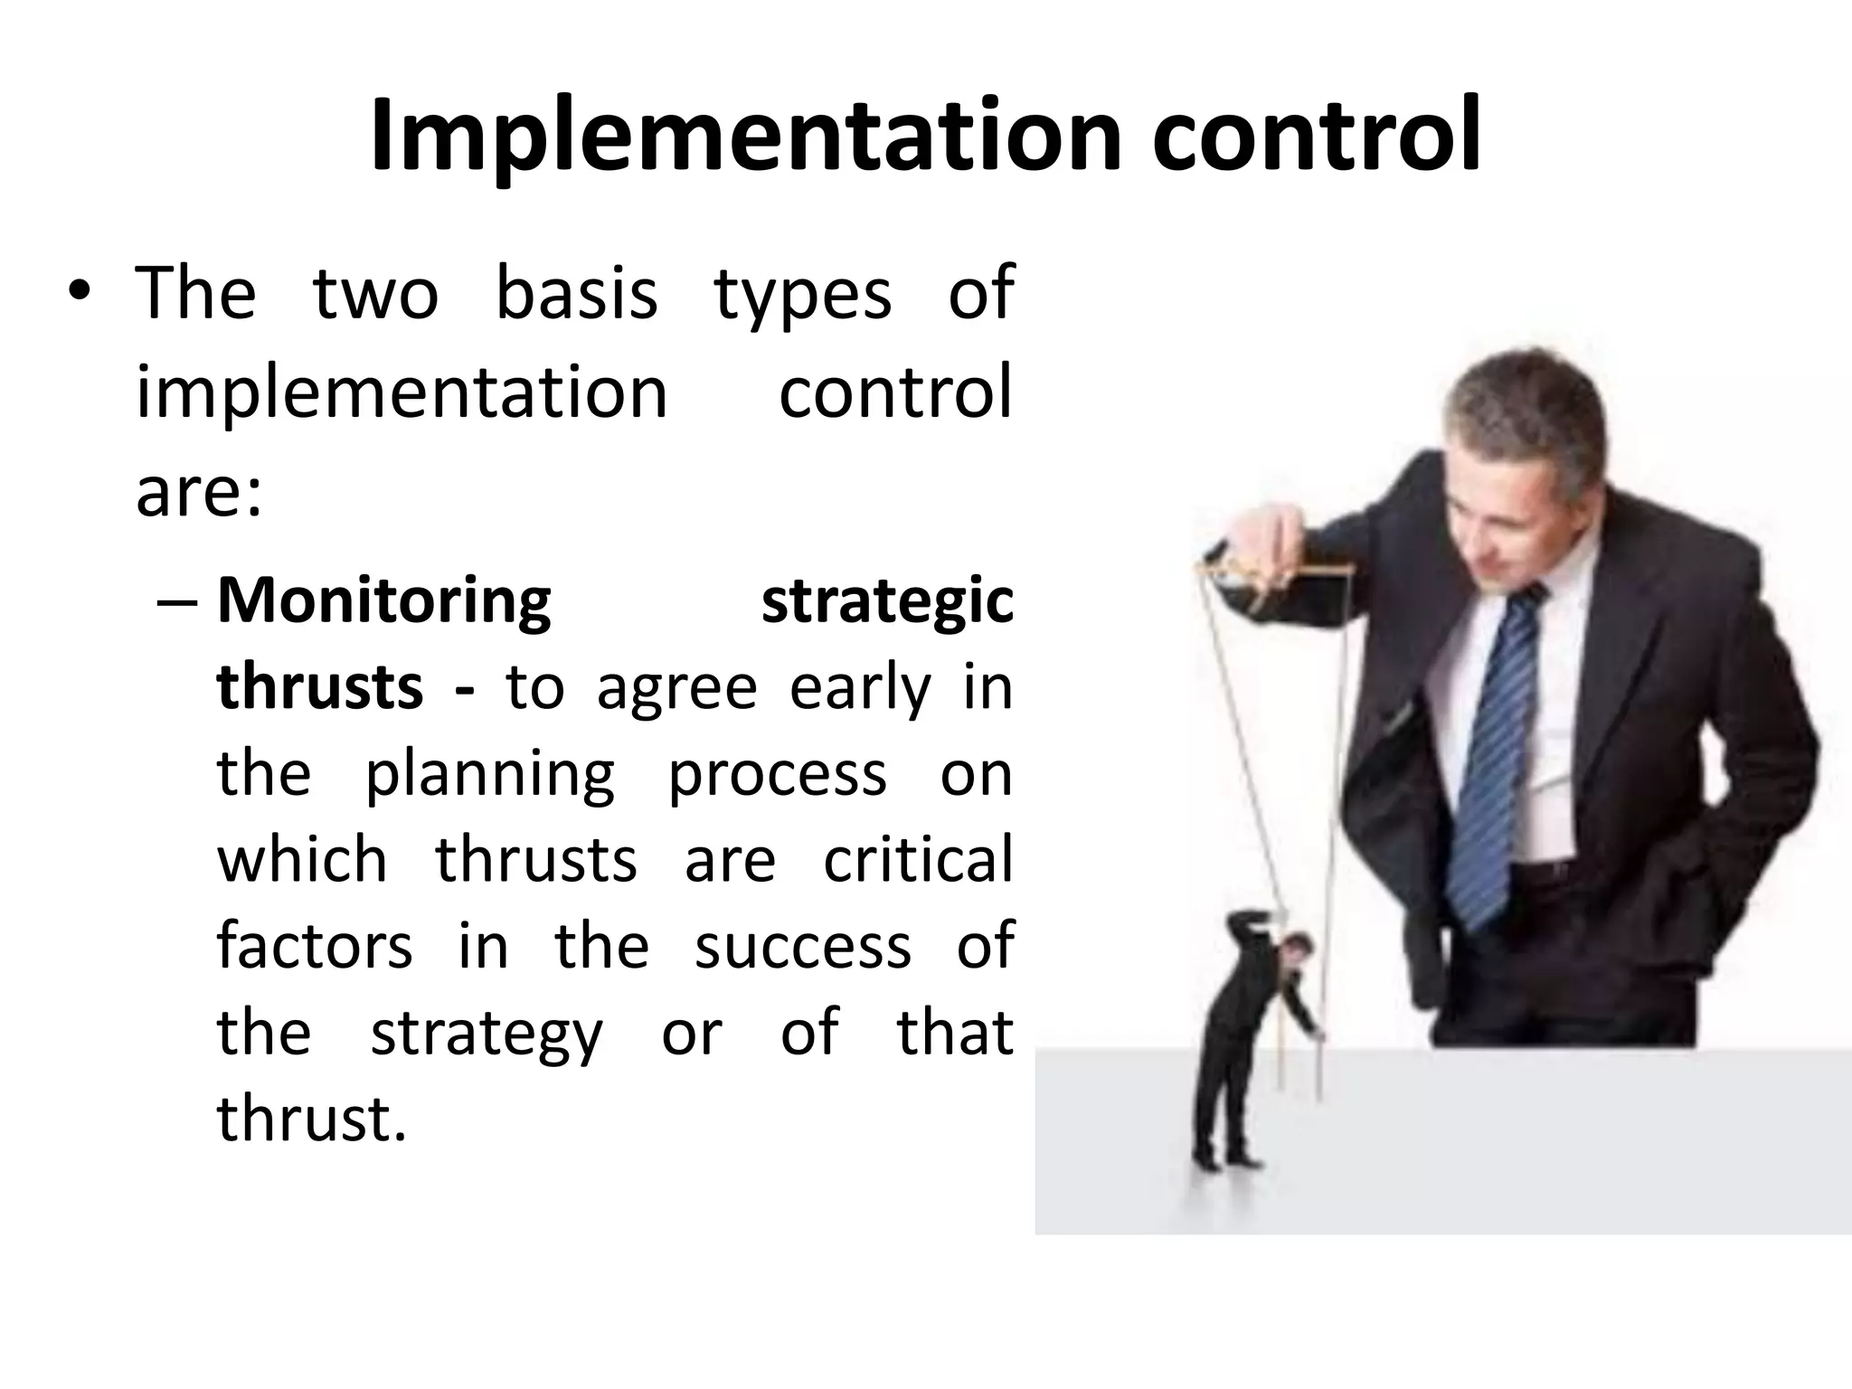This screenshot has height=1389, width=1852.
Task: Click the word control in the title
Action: coord(1316,137)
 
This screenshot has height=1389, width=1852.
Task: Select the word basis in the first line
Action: coord(577,294)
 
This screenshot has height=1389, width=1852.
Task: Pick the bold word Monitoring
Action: coord(383,602)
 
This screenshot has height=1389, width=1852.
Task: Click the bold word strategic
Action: coord(887,602)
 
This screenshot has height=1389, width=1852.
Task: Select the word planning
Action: coord(489,776)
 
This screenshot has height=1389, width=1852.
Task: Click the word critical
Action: coord(917,859)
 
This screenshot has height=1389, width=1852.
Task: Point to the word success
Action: coord(803,946)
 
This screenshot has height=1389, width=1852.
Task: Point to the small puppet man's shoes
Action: coord(1225,1159)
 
